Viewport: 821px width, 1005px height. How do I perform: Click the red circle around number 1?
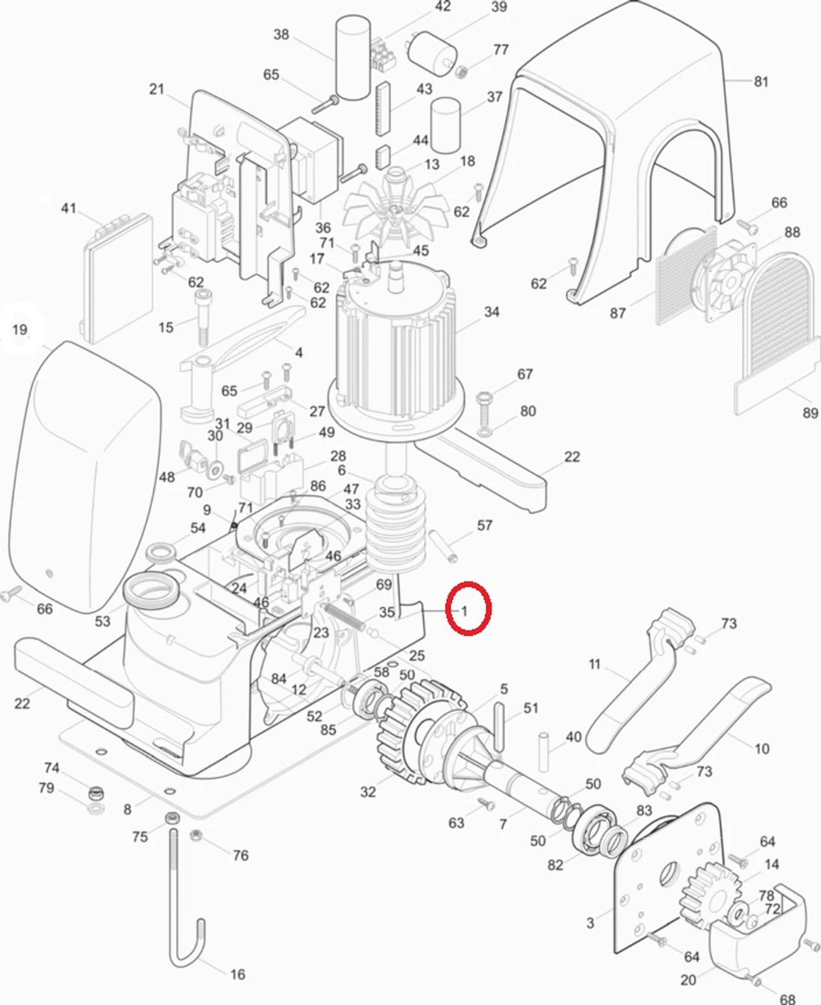click(x=468, y=610)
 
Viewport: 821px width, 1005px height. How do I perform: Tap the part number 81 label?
click(x=761, y=81)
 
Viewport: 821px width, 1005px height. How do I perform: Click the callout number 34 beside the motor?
click(x=491, y=312)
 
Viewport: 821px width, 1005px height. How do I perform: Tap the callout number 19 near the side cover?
click(x=19, y=330)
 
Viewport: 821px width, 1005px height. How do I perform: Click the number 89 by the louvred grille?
click(x=810, y=413)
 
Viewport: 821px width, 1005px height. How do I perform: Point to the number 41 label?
click(x=68, y=208)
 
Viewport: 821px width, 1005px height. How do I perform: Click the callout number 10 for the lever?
click(x=762, y=748)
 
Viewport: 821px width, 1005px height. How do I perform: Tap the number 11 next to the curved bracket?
click(x=595, y=664)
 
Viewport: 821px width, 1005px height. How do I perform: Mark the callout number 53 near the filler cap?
click(x=103, y=621)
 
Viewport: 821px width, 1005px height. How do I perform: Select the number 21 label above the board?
click(x=156, y=89)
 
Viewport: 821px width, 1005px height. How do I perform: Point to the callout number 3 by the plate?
click(x=590, y=923)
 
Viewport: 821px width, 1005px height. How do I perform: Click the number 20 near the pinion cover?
click(x=688, y=980)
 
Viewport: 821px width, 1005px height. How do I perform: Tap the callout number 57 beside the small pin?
click(x=485, y=525)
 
